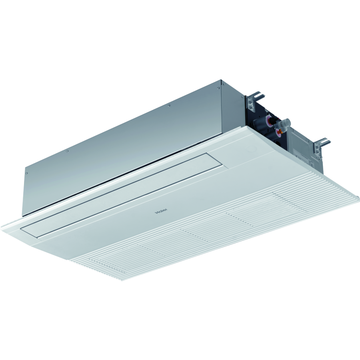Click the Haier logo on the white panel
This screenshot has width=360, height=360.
coord(161,210)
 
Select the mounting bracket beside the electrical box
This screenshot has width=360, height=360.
coord(322,145)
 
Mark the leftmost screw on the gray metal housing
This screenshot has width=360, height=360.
coord(26,174)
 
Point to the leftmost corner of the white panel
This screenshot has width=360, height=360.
coord(2,227)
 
